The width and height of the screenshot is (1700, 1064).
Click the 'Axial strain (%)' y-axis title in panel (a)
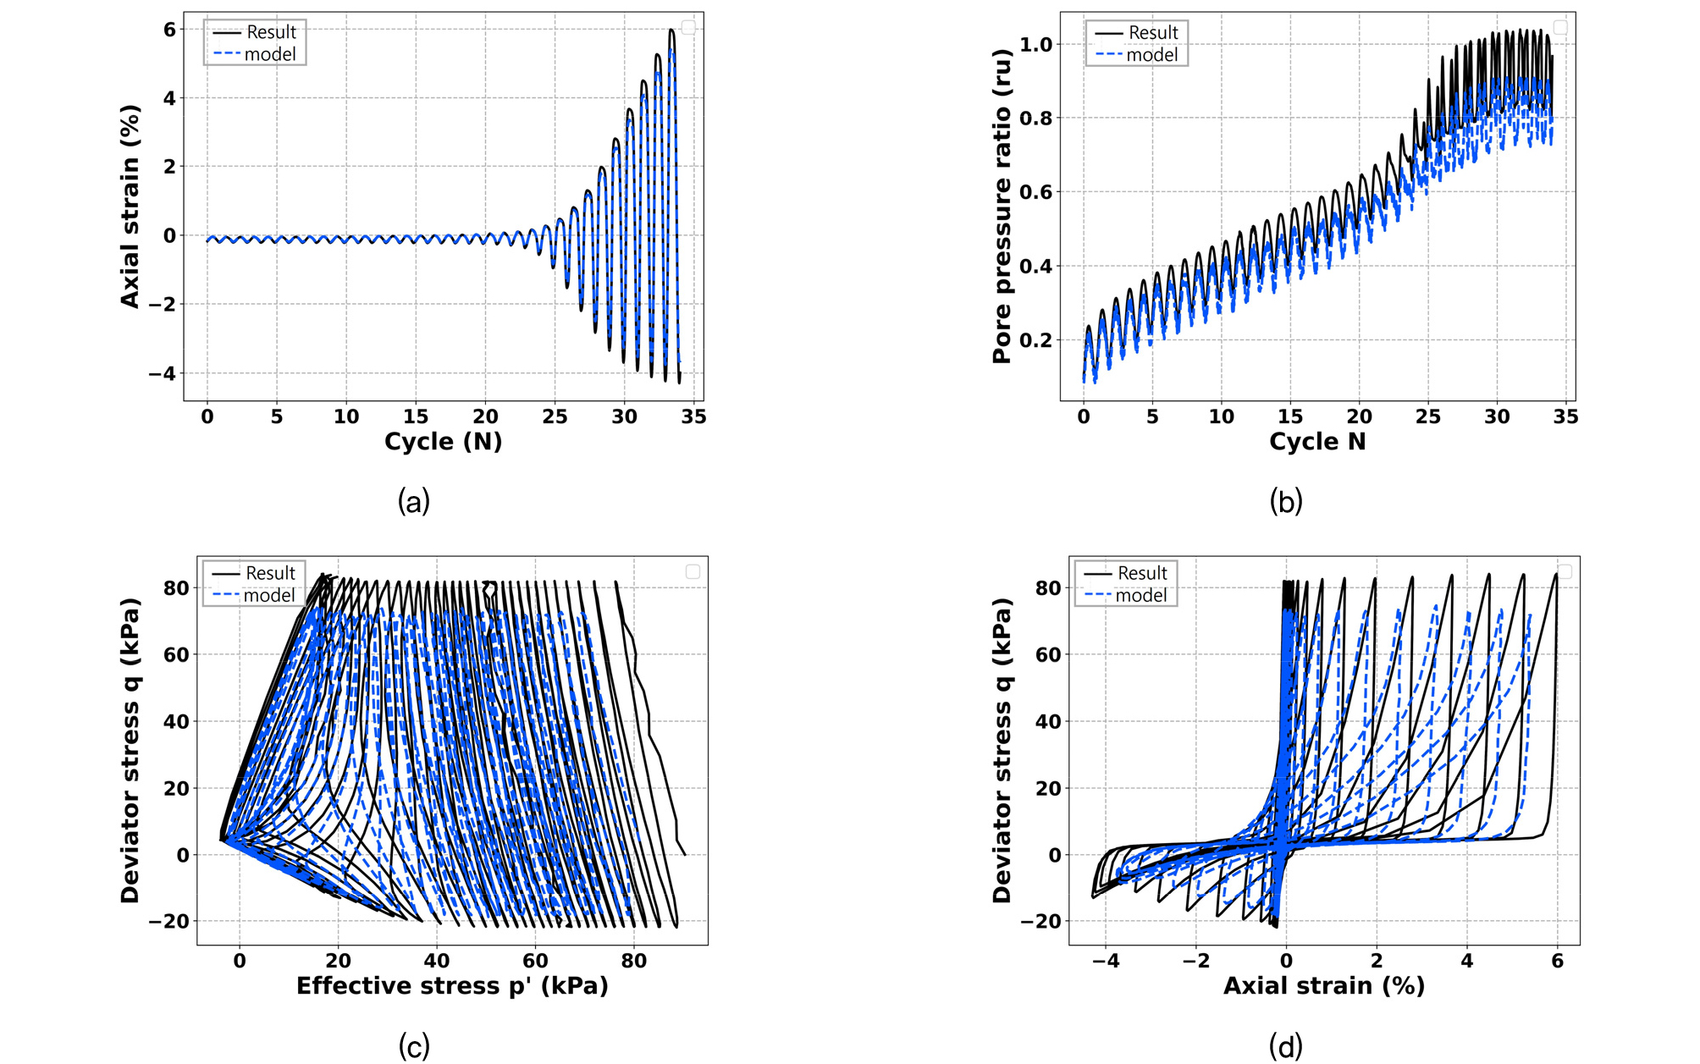pos(130,207)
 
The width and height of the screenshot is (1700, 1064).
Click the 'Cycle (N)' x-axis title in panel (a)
pos(443,441)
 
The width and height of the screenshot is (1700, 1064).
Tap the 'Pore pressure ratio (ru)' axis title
pos(1002,207)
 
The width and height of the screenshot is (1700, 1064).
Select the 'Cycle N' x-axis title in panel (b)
pos(1317,441)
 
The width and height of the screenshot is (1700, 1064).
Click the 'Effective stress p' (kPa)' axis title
pos(452,985)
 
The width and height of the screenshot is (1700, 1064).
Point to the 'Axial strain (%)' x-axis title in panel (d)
pos(1324,985)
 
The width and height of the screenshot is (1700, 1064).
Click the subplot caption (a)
pos(414,502)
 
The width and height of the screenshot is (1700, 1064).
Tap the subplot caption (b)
pos(1286,502)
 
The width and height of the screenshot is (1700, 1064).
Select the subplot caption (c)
pos(414,1047)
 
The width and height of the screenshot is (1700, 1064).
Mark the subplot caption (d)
pos(1286,1047)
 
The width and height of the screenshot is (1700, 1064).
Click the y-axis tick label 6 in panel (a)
pos(170,30)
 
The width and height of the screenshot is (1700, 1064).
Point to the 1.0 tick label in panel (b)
pos(1035,44)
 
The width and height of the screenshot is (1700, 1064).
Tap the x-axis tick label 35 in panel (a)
pos(693,416)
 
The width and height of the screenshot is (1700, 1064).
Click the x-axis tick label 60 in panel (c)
pos(535,961)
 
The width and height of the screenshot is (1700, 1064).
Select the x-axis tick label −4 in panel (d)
pos(1106,961)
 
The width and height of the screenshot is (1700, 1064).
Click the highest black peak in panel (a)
pos(671,30)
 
